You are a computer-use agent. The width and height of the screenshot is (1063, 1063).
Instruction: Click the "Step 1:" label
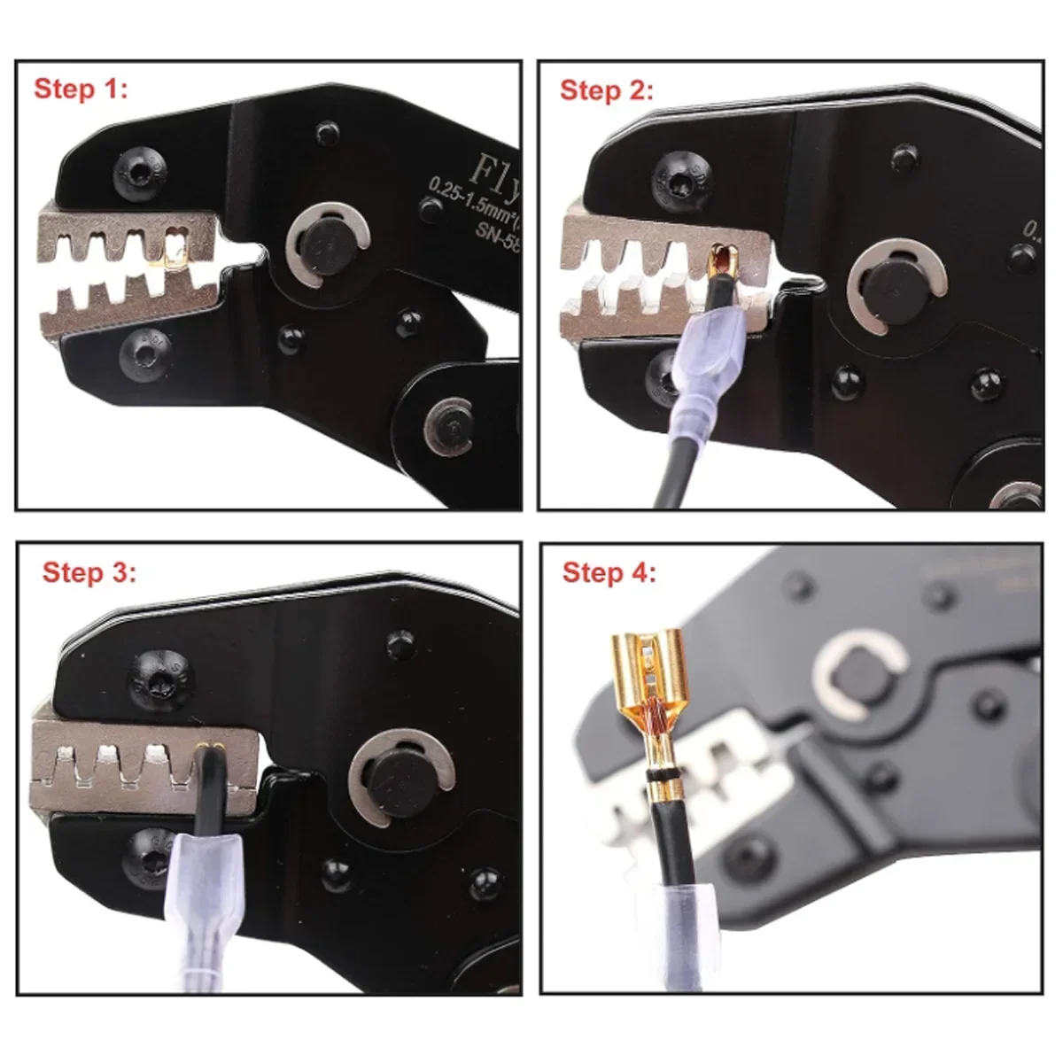coord(81,89)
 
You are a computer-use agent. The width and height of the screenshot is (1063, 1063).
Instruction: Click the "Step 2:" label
coord(607,90)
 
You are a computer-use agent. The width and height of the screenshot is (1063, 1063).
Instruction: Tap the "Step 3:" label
coord(89,572)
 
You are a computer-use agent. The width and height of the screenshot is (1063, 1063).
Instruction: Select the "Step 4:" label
coord(609,572)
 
